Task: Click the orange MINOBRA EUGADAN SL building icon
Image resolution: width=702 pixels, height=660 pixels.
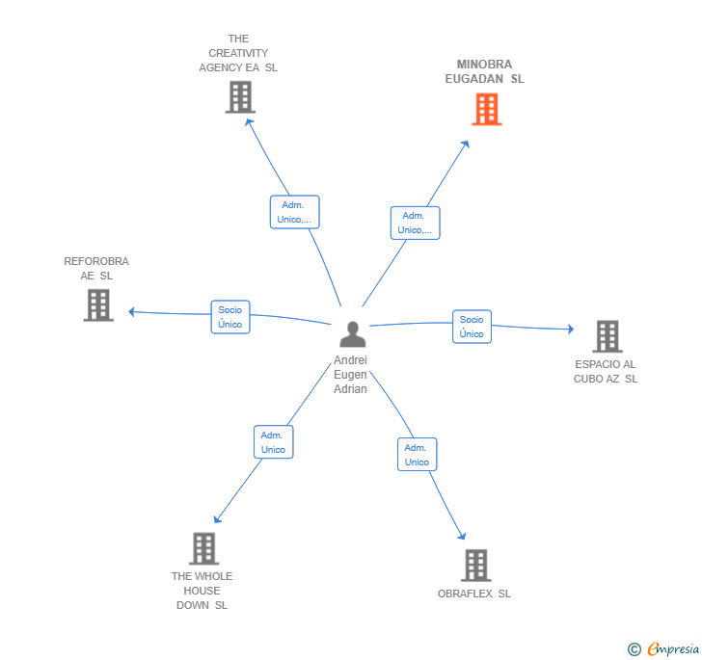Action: [x=487, y=110]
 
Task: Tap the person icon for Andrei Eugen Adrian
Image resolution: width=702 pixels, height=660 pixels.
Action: [x=353, y=334]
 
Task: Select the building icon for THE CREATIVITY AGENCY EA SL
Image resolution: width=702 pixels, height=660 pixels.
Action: [x=239, y=97]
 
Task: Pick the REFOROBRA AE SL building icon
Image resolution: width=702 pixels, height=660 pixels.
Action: [x=97, y=304]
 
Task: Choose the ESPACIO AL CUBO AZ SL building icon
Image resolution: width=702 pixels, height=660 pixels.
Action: [x=607, y=336]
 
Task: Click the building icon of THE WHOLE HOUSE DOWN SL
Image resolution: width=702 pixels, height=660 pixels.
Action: [x=202, y=548]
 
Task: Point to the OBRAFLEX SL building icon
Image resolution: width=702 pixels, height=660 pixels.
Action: [x=474, y=565]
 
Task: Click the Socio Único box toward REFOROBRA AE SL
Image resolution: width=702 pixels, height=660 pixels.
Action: [x=229, y=317]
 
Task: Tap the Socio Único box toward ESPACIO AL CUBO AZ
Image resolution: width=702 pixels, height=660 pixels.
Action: [x=472, y=327]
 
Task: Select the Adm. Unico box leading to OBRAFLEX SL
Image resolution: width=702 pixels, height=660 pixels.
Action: [x=417, y=455]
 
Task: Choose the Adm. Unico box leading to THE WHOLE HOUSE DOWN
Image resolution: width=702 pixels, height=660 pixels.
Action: [x=273, y=442]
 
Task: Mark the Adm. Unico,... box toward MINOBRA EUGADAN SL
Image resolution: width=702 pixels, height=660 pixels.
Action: [x=415, y=223]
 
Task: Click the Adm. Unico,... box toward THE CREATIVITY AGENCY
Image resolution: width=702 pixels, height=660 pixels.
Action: [x=293, y=212]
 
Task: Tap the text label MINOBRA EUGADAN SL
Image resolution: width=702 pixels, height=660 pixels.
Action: [x=484, y=72]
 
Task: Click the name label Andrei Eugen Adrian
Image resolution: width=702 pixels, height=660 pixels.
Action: [x=351, y=375]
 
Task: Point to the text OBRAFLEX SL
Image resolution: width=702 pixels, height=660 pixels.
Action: [x=474, y=594]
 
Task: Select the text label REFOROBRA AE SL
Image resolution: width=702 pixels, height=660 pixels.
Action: [x=96, y=268]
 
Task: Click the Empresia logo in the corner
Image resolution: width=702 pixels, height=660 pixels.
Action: [x=664, y=648]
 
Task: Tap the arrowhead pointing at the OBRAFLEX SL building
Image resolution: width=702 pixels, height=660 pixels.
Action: [x=462, y=536]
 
